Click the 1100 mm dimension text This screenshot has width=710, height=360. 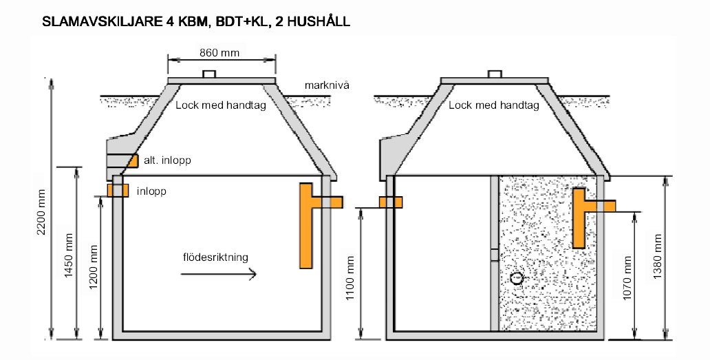352,275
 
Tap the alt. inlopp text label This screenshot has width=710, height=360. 166,160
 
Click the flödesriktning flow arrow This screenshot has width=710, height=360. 219,274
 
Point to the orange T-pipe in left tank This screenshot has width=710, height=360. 308,224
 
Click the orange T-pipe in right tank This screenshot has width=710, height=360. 580,216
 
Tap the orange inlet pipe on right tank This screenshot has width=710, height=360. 390,202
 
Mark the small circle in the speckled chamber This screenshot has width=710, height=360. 517,278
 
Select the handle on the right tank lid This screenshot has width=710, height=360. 494,74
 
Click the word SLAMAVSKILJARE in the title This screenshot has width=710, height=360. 102,21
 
